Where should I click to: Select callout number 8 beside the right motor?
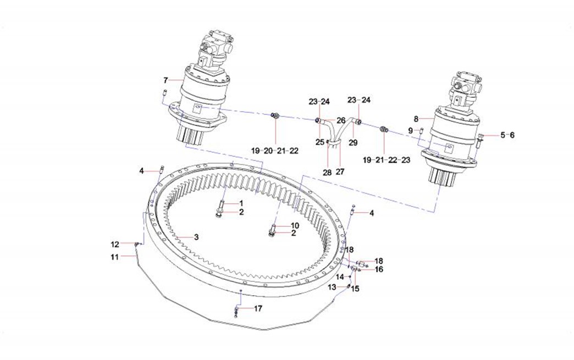tap(416, 118)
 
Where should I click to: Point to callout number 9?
tap(410, 130)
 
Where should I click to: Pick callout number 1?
tap(241, 203)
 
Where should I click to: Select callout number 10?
tap(295, 225)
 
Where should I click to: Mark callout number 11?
tap(114, 257)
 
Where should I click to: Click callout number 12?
tap(114, 244)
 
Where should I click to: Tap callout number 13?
tap(332, 287)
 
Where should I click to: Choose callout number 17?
tap(258, 308)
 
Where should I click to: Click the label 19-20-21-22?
tap(275, 150)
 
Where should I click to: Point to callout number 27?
tap(340, 172)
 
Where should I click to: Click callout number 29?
tap(353, 142)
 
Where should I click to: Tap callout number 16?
tap(379, 269)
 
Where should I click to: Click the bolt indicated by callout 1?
tap(221, 206)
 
